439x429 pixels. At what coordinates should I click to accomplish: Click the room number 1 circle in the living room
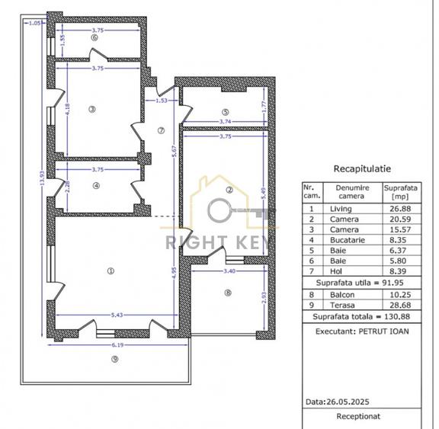[111, 270]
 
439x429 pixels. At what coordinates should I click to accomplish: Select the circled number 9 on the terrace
[114, 360]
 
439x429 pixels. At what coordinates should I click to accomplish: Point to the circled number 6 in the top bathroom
[95, 37]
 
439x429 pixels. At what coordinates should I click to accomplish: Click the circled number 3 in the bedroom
[92, 109]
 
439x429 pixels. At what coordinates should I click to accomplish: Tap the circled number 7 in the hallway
[161, 130]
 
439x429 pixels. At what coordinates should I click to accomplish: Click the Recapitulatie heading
[363, 169]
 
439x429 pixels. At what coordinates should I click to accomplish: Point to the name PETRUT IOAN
[388, 332]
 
